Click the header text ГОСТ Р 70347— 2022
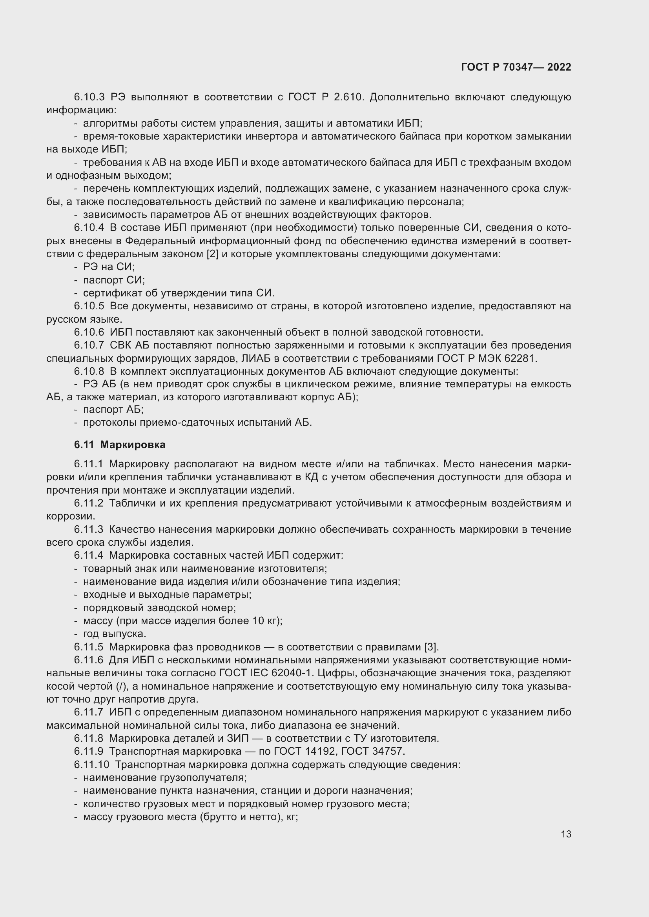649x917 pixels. (x=516, y=67)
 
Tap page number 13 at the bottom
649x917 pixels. (x=566, y=834)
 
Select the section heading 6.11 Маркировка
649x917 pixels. (x=120, y=445)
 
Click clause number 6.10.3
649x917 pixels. (x=89, y=97)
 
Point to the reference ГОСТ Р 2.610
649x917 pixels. (x=326, y=97)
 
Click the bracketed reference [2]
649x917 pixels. (x=212, y=254)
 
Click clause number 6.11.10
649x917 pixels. (x=91, y=764)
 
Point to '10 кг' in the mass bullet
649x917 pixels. (x=265, y=621)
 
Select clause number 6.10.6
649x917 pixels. (x=89, y=332)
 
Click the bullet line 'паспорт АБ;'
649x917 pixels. (x=113, y=409)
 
